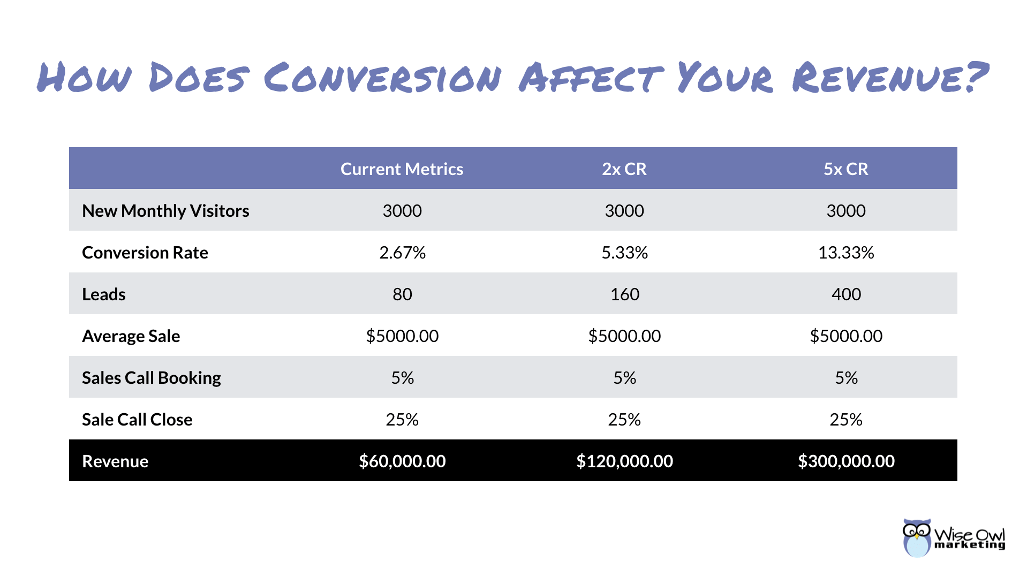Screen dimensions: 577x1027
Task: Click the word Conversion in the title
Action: pos(382,78)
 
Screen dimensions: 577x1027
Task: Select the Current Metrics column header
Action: pos(402,169)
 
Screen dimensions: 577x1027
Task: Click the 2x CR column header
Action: pos(624,169)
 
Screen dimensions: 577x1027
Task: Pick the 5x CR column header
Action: pos(845,169)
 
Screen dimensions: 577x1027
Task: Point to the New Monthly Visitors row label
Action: pos(165,211)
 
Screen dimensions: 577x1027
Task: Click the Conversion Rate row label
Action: pos(145,253)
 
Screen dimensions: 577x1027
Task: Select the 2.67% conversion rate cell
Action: pos(402,253)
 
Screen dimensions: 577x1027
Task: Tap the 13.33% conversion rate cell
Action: pos(845,253)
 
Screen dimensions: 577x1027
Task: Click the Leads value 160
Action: pos(624,294)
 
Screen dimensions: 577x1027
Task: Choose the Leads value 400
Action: pos(846,294)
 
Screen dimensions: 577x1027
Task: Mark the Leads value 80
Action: pos(402,294)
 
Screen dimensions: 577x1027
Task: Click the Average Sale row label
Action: pos(131,336)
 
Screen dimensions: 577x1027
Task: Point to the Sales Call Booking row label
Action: pos(152,378)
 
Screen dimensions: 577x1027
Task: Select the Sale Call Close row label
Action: pos(137,420)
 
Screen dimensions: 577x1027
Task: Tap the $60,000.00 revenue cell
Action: pos(402,461)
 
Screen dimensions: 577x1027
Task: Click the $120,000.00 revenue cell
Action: pos(624,461)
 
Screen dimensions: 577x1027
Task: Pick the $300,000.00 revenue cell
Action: pos(846,461)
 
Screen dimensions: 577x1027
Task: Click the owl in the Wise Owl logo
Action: pos(916,538)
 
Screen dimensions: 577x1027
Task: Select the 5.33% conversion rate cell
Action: pos(624,253)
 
